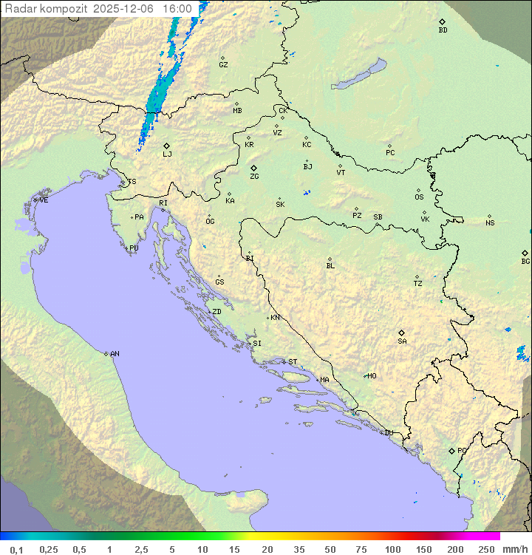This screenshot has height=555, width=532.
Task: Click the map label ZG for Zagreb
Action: tap(254, 177)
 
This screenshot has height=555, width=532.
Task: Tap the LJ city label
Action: tap(167, 154)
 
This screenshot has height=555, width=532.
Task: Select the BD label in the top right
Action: tap(443, 30)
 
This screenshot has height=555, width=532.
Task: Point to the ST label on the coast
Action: tap(293, 362)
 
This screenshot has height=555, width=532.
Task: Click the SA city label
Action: tap(402, 341)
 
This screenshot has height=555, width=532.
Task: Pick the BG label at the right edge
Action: tap(525, 261)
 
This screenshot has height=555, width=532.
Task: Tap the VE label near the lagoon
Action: tap(44, 200)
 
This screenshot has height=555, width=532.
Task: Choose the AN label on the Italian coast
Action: tap(115, 354)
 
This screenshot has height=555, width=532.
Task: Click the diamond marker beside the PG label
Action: tap(451, 450)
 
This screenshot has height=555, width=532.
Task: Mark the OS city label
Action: tap(419, 197)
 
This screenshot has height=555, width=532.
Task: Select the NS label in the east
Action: tap(490, 223)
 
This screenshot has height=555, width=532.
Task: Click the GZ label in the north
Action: tap(223, 64)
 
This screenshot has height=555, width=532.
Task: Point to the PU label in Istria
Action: tap(134, 248)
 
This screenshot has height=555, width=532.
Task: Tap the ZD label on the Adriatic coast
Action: tap(216, 312)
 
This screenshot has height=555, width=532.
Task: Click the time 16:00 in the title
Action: tap(177, 9)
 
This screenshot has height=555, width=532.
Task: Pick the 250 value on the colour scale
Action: tap(486, 549)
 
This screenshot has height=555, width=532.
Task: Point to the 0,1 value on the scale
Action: tap(16, 549)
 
